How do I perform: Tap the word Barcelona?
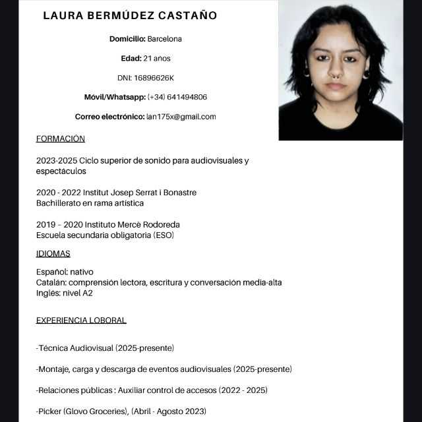click(165, 39)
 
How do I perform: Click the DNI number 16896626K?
click(154, 78)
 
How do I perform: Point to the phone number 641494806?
click(187, 97)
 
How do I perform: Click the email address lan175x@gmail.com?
click(181, 117)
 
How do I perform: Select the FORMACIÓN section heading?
click(61, 138)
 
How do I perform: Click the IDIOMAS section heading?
click(53, 253)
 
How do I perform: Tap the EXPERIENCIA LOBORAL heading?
click(81, 320)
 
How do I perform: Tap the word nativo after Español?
click(82, 272)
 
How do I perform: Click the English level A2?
click(87, 293)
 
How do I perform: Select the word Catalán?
click(51, 283)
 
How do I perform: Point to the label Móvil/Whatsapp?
click(115, 97)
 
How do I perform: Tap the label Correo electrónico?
click(109, 117)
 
